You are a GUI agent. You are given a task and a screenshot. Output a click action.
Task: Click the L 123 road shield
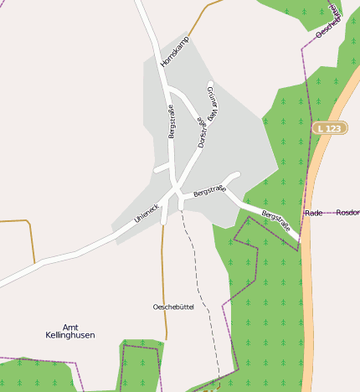[330, 128]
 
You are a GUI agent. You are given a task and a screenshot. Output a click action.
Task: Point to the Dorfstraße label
[202, 133]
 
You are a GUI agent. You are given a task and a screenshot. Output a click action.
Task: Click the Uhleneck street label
[147, 213]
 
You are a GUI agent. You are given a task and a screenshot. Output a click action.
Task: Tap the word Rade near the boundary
[314, 214]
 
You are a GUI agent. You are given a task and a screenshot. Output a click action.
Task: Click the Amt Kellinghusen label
[70, 331]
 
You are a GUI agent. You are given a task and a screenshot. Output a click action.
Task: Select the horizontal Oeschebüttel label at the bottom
[173, 307]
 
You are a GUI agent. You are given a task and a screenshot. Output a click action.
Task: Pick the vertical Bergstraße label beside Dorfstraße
[172, 121]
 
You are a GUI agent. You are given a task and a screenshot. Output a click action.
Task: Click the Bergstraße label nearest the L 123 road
[278, 220]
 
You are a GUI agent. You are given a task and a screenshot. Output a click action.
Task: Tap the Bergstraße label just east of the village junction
[209, 191]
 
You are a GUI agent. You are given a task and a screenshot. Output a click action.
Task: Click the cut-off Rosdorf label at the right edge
[347, 214]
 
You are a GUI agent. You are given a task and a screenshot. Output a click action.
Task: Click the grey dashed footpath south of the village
[201, 285]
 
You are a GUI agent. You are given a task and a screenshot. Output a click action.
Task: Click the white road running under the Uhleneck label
[100, 240]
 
